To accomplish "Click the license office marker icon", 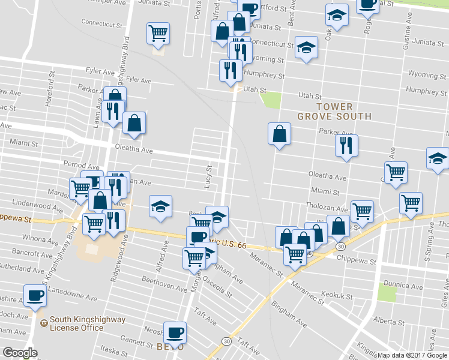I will point(43,323).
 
